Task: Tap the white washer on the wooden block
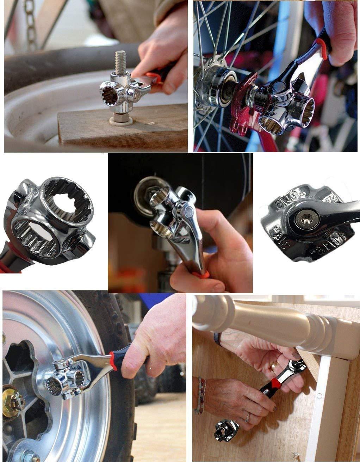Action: (x=121, y=121)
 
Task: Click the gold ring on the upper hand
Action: (x=274, y=366)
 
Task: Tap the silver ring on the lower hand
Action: (x=248, y=418)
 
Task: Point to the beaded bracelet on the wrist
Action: (x=201, y=395)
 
